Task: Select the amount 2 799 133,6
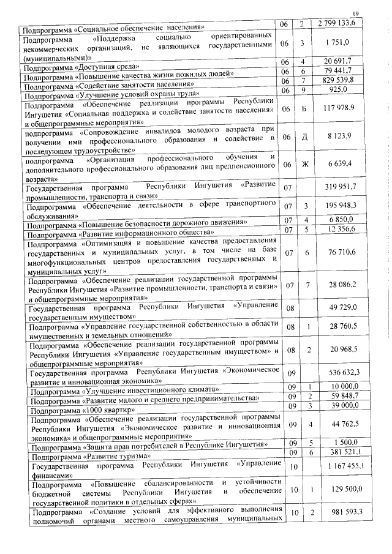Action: [x=341, y=23]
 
